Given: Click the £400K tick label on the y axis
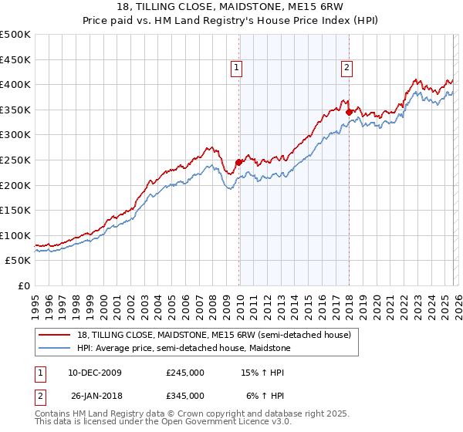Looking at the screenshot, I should (15, 84).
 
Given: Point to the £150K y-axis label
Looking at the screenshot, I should (15, 210).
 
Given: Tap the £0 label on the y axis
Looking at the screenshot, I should (24, 285).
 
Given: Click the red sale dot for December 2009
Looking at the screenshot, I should (238, 162).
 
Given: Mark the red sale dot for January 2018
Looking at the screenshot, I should (349, 112).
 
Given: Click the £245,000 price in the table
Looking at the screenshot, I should (185, 373).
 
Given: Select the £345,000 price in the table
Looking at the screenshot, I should (185, 396).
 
